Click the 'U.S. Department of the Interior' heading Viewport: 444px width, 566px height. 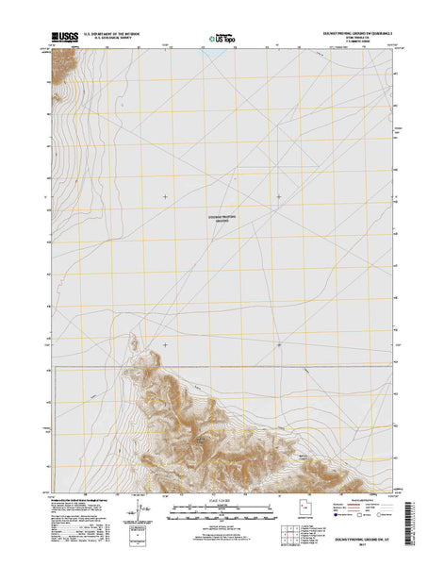[x=119, y=34]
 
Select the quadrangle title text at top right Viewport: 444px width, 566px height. [x=358, y=33]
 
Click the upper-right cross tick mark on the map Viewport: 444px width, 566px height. [x=278, y=196]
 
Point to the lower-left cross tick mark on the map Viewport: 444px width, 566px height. [x=166, y=344]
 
